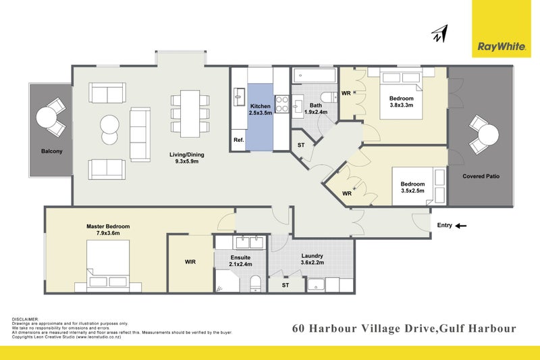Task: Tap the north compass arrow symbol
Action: click(x=440, y=34)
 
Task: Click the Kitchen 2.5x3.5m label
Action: click(x=261, y=110)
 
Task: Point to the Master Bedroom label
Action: click(x=108, y=230)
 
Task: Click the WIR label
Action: click(x=190, y=262)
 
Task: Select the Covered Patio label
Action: click(x=481, y=176)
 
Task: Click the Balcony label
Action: click(x=51, y=151)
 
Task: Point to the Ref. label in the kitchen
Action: click(x=238, y=140)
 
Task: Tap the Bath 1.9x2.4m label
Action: click(x=316, y=109)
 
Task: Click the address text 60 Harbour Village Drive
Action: click(x=364, y=329)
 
